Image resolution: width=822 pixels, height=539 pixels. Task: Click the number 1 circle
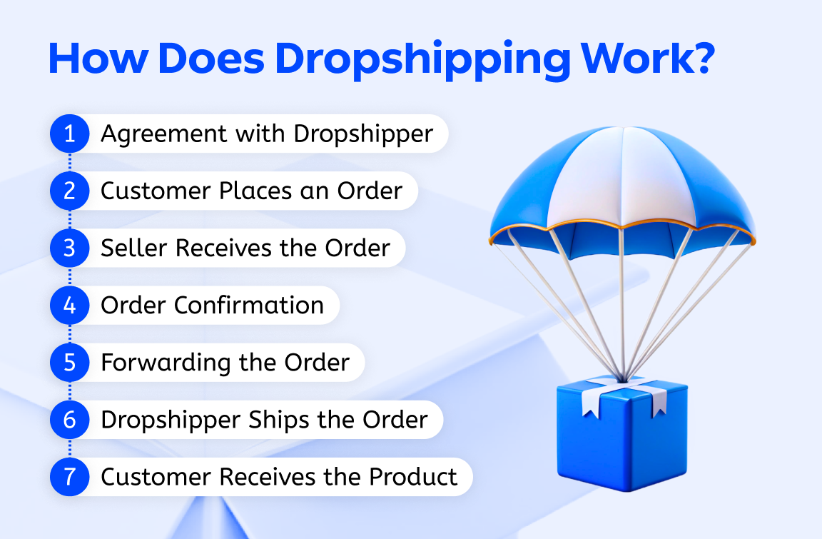[x=69, y=134]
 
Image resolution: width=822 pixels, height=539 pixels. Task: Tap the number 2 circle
[x=69, y=191]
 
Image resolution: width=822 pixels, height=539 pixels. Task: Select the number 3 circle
[x=69, y=248]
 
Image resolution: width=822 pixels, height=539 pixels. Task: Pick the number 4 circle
[x=69, y=305]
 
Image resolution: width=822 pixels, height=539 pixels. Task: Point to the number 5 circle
[x=69, y=362]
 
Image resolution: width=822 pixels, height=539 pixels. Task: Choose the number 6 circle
[x=69, y=419]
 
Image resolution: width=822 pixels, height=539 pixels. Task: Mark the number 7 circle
[x=69, y=476]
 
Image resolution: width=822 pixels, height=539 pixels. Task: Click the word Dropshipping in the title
[x=422, y=61]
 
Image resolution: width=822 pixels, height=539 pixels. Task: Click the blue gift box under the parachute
[x=621, y=435]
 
